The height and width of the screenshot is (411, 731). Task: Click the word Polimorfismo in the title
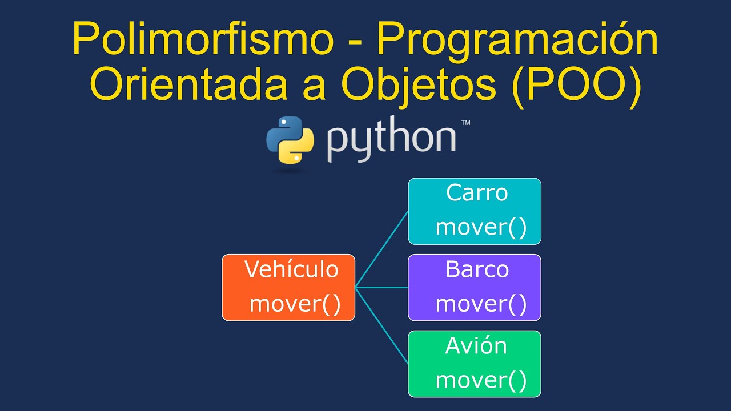coord(203,38)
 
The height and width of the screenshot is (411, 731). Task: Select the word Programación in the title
coord(517,41)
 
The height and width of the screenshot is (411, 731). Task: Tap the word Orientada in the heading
coord(188,83)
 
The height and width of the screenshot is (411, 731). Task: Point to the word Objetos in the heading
coord(419,87)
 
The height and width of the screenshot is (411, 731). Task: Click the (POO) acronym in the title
coord(577,87)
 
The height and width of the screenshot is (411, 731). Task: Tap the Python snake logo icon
coord(290,140)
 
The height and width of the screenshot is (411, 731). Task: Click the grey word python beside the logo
coord(391,139)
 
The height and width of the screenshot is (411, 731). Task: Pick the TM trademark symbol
coord(465,123)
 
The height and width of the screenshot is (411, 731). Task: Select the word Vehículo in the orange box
coord(291,269)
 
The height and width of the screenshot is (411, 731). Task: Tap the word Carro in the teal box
coord(477,193)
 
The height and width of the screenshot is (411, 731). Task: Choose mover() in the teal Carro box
coord(481,227)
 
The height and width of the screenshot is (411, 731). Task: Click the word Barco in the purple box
coord(477,269)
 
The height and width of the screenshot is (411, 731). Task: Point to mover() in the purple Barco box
coord(481,304)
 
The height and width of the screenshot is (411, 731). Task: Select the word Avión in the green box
coord(476,345)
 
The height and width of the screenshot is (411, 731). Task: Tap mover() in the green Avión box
coord(481,380)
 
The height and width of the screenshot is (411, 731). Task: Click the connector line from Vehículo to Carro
coord(381,249)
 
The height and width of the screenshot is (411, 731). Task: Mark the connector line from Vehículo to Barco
coord(381,287)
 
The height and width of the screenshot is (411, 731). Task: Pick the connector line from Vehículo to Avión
coord(381,325)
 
